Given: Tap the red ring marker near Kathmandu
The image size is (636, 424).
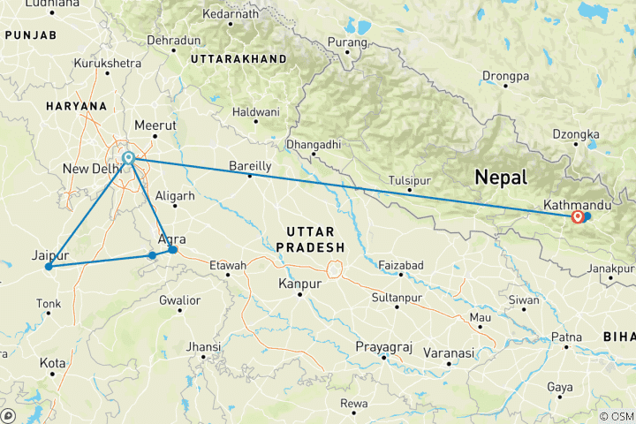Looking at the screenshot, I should pyautogui.click(x=578, y=216).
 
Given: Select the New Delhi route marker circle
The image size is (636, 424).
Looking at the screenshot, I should pyautogui.click(x=128, y=158).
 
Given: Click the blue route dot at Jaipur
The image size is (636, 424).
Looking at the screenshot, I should pyautogui.click(x=49, y=266).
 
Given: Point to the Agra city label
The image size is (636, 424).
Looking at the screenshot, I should pyautogui.click(x=170, y=239).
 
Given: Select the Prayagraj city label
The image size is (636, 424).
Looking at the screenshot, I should pyautogui.click(x=382, y=346).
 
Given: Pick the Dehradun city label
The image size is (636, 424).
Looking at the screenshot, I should pyautogui.click(x=173, y=42).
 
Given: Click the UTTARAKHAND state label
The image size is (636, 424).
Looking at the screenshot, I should pyautogui.click(x=238, y=58).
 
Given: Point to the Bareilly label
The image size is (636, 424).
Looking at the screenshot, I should pyautogui.click(x=250, y=166).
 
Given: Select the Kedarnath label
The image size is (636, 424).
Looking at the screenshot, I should pyautogui.click(x=231, y=14).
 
